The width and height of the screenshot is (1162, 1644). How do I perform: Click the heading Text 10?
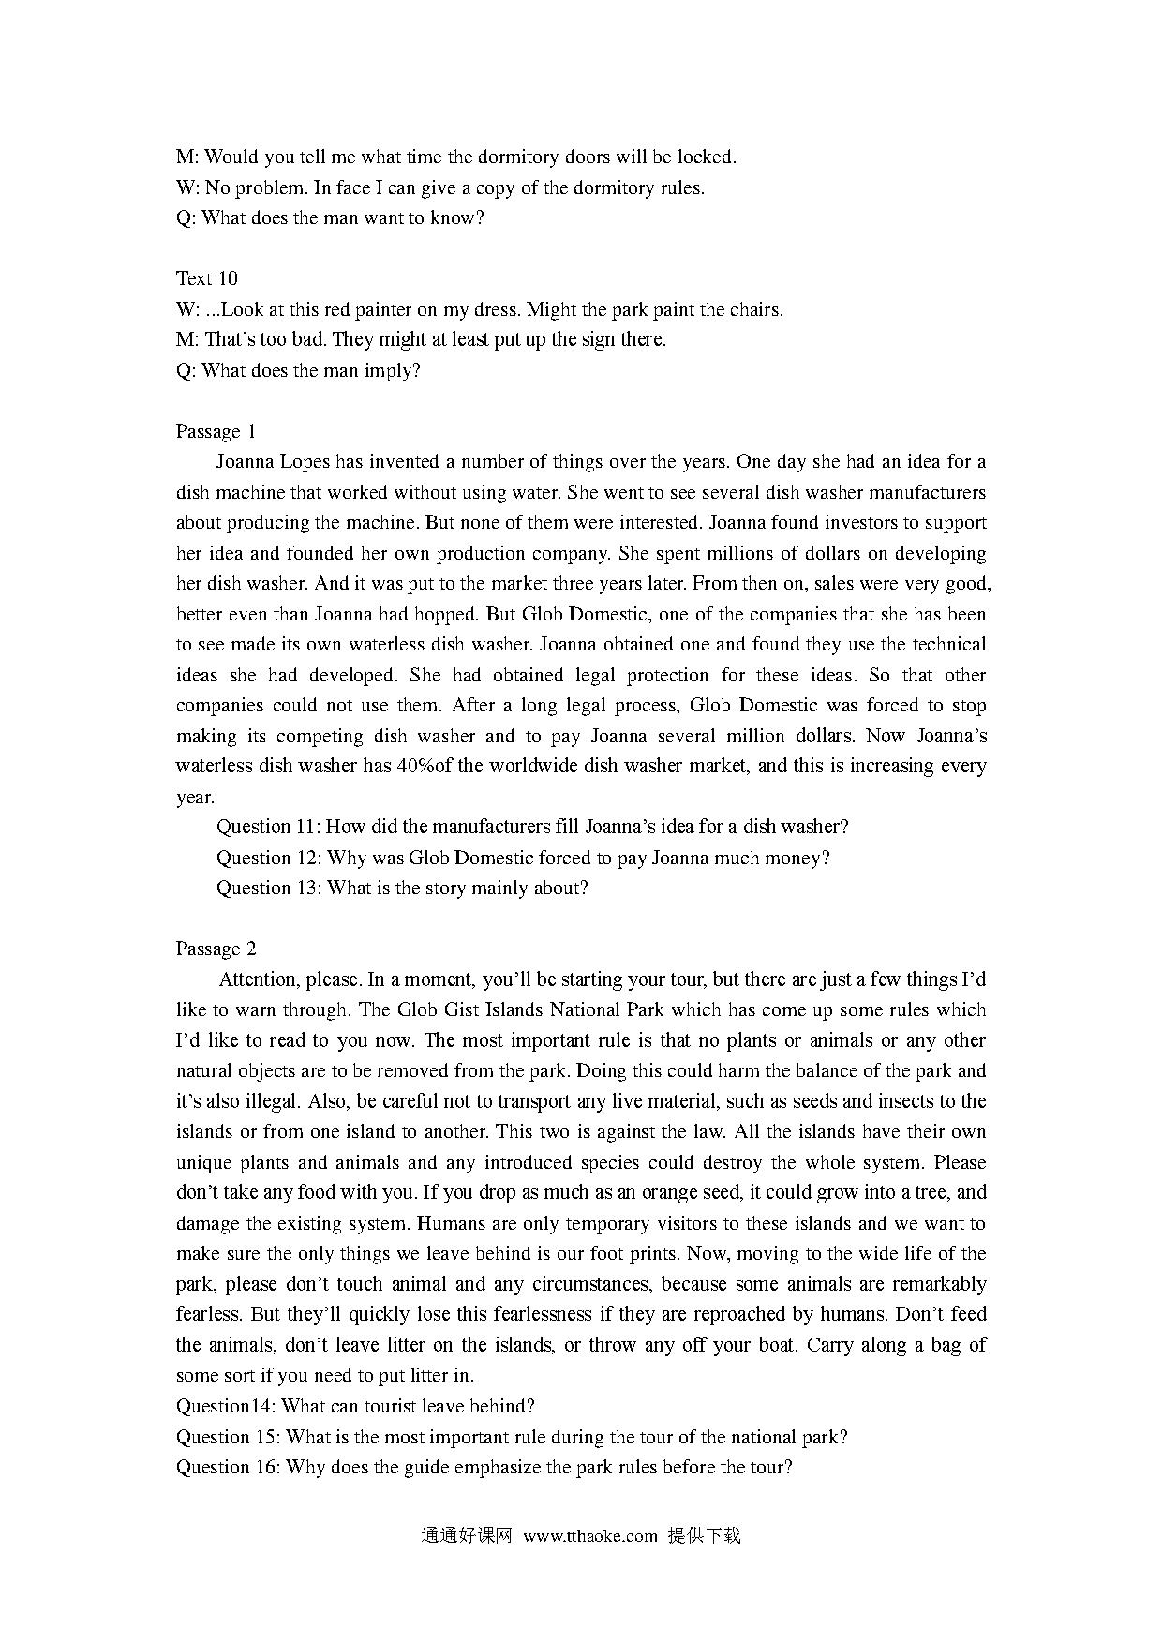coord(206,278)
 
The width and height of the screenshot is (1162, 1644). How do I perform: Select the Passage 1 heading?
coord(216,431)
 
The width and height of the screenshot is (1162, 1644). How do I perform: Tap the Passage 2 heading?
coord(216,949)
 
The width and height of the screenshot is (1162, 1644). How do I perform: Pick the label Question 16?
coord(228,1467)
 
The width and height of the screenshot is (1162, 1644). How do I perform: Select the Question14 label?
coord(225,1406)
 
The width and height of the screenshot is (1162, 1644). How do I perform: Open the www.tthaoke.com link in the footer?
coord(590,1536)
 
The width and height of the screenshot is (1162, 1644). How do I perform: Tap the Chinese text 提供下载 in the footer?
coord(704,1536)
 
